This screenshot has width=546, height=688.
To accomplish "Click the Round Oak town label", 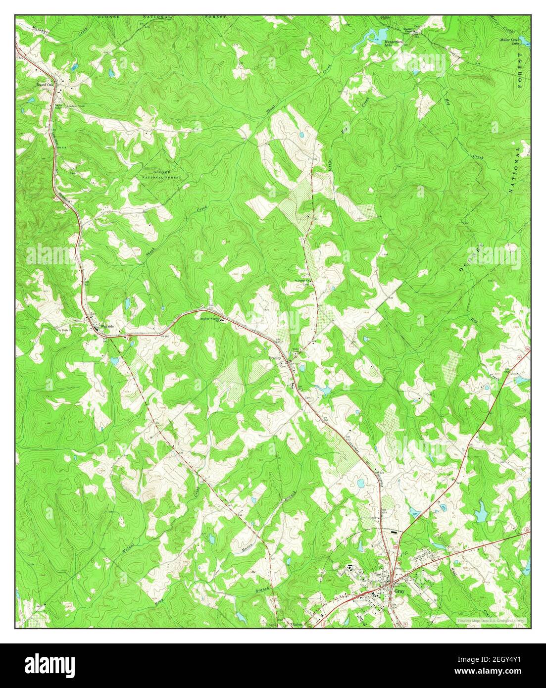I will pyautogui.click(x=44, y=85).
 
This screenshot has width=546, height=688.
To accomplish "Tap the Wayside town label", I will pyautogui.click(x=107, y=327).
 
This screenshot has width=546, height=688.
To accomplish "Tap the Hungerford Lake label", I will pyautogui.click(x=394, y=44).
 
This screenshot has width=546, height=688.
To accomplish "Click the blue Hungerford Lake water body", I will pyautogui.click(x=375, y=35).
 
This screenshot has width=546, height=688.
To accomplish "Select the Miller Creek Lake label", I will pyautogui.click(x=509, y=42).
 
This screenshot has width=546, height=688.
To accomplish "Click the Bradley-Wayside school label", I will pyautogui.click(x=209, y=319).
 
